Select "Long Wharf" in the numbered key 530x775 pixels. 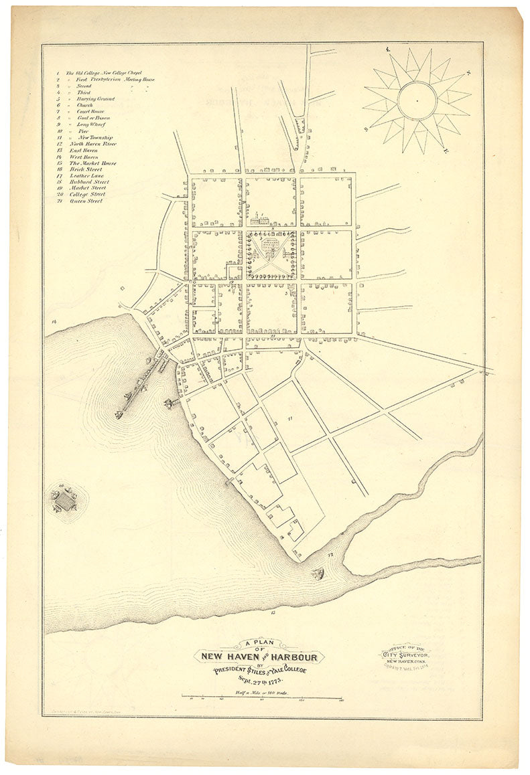(x=91, y=124)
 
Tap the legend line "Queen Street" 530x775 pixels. (x=86, y=201)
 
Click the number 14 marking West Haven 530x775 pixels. (x=54, y=322)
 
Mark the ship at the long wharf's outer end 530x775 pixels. (x=120, y=413)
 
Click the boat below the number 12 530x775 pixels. (x=318, y=573)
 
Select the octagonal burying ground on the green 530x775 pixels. (x=271, y=246)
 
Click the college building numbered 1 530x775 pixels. (x=261, y=219)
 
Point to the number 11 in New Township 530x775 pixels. (x=290, y=418)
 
